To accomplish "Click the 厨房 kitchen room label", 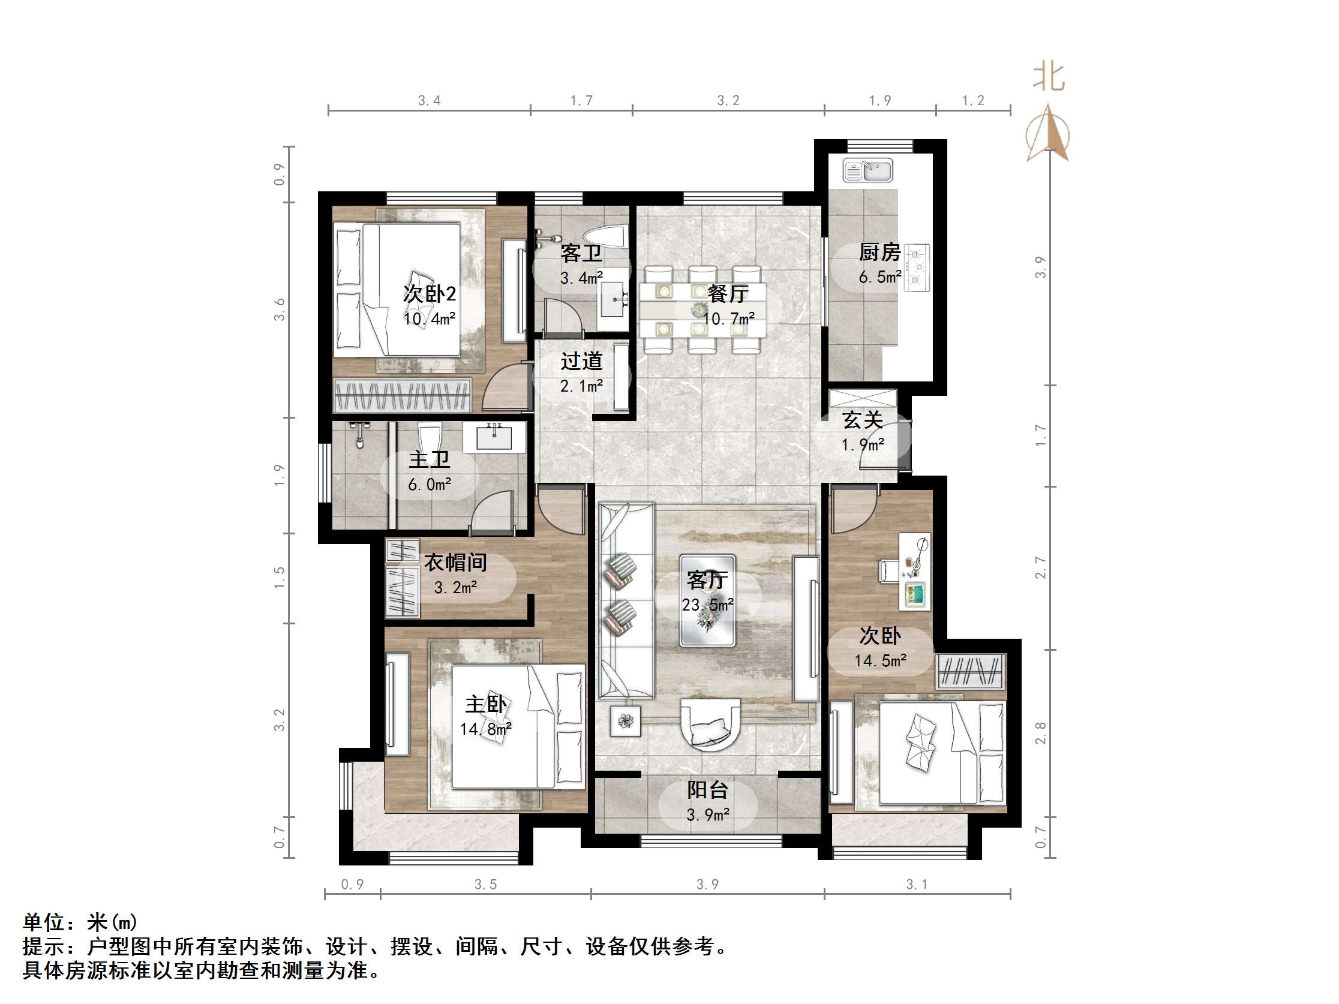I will pos(879,252).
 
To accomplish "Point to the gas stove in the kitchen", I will pos(917,267).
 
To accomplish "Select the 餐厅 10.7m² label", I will pos(728,306).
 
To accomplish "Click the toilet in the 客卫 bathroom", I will pos(605,236).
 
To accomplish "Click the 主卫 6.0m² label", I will pos(429,472).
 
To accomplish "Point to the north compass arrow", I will pos(1048,133).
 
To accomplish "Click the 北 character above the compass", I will pos(1049,77).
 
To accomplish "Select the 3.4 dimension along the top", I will pos(429,101).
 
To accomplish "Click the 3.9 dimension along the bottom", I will pos(707,885).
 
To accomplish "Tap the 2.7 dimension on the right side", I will pos(1040,567).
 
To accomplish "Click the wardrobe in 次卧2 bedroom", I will pos(403,396).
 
